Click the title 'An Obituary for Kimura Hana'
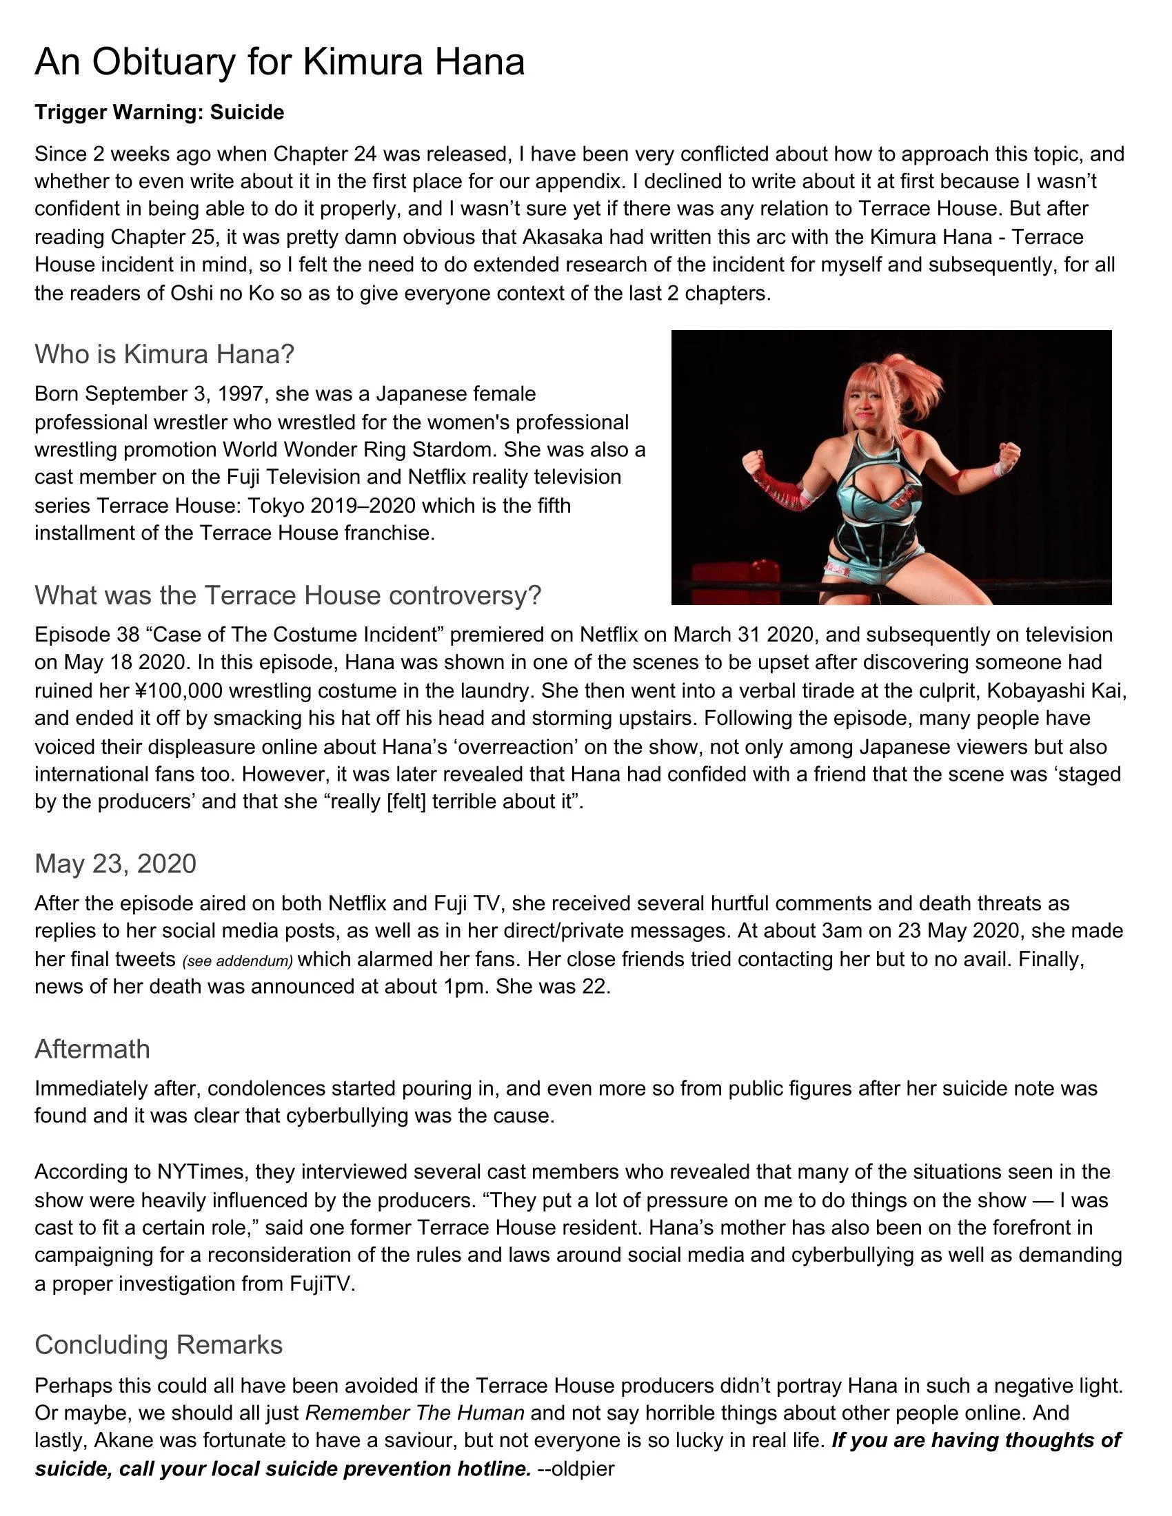[x=279, y=62]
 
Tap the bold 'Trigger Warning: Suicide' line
[x=159, y=112]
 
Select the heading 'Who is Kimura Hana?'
[x=165, y=354]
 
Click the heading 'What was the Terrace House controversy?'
[x=287, y=595]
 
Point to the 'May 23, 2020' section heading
[x=115, y=863]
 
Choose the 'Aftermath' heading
[x=92, y=1049]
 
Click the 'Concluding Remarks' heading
[x=159, y=1344]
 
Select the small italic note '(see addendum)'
[x=236, y=961]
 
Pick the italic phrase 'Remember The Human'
[x=414, y=1413]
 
